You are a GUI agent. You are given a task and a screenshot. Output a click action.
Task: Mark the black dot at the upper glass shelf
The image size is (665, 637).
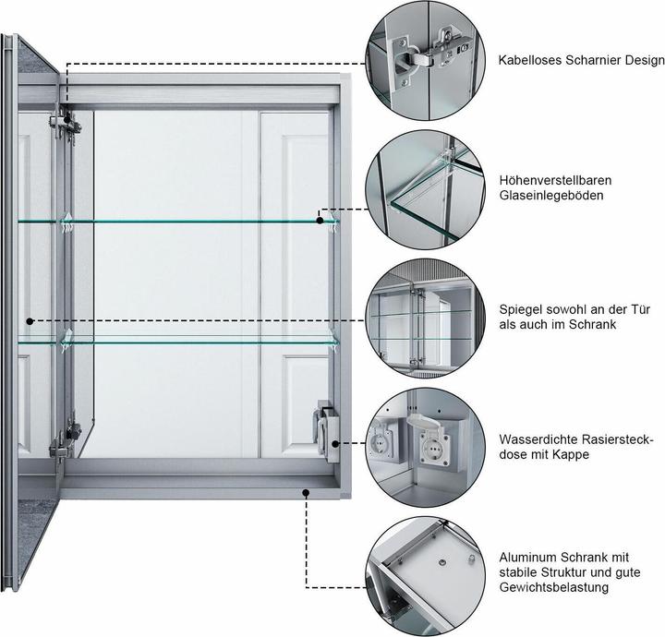point(320,220)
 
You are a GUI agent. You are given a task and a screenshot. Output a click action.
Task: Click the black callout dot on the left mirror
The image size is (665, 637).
point(30,321)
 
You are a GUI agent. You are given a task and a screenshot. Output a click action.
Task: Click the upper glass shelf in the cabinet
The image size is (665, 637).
point(185,222)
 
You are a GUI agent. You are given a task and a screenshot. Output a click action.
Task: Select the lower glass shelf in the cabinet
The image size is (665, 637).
point(185,341)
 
